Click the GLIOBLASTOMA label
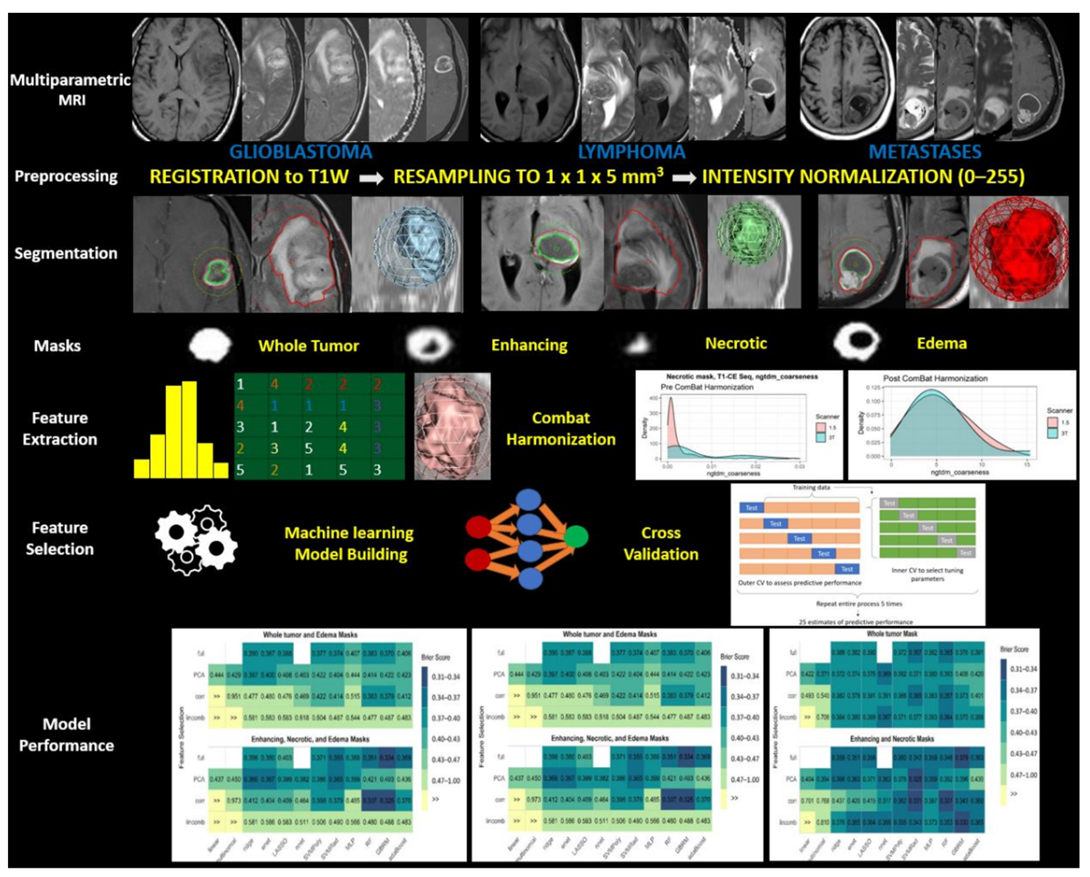[x=301, y=152]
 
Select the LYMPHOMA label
[x=632, y=152]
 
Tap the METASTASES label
[x=925, y=152]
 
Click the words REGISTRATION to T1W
[x=249, y=177]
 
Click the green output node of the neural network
[x=576, y=536]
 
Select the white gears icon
[x=196, y=539]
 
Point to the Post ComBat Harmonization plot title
[x=935, y=378]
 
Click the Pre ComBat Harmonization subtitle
[x=707, y=387]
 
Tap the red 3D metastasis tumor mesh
[x=1019, y=251]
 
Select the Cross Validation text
[x=661, y=543]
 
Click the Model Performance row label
[x=66, y=735]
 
